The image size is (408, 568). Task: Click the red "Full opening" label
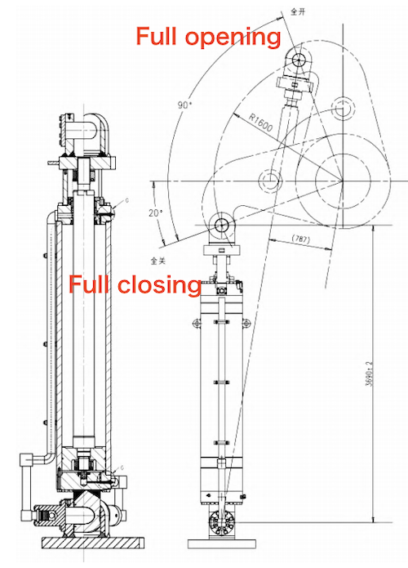click(207, 37)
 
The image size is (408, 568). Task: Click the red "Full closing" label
click(135, 284)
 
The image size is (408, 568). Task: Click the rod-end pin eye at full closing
click(221, 223)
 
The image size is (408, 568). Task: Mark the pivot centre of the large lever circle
click(343, 181)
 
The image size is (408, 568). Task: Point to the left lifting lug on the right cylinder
click(197, 324)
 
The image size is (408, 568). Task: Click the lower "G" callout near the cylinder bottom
click(122, 467)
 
